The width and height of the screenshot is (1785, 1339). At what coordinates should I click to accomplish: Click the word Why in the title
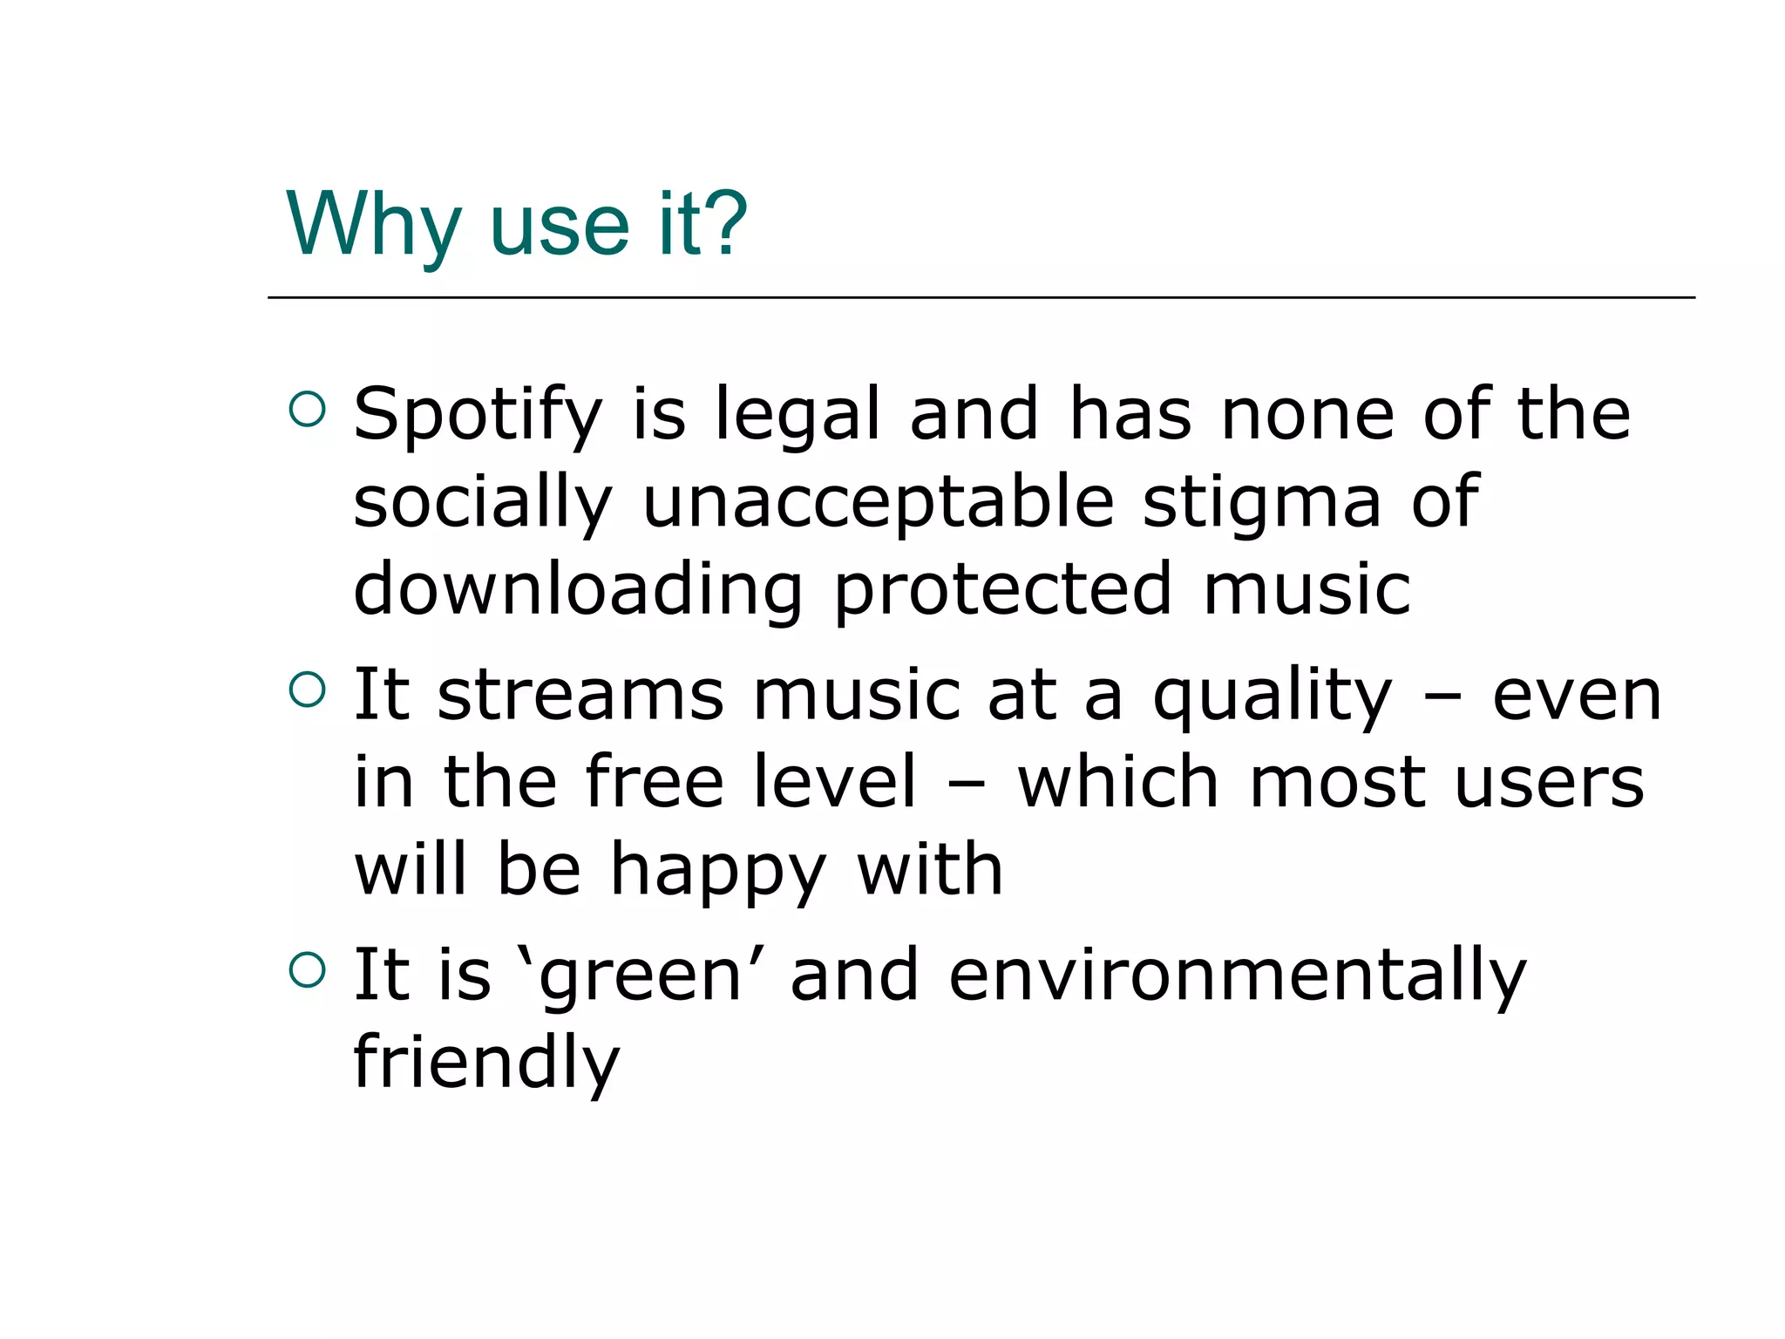click(x=373, y=225)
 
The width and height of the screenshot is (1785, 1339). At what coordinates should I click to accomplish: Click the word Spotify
click(x=478, y=415)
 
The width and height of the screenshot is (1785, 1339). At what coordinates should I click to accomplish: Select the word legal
click(x=797, y=415)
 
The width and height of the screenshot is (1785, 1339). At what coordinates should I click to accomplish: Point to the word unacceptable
click(x=878, y=504)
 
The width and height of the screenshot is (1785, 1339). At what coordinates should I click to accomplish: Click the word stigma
click(x=1261, y=504)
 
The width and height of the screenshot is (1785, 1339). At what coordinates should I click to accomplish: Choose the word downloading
click(x=578, y=591)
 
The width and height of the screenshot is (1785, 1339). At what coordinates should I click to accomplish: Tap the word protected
click(x=1002, y=591)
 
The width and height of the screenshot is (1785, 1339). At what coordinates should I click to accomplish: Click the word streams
click(x=580, y=696)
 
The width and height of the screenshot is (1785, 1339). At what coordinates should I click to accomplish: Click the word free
click(x=654, y=782)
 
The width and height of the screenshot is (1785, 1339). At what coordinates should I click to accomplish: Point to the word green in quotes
click(x=639, y=976)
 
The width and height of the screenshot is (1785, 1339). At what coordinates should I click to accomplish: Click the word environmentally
click(x=1237, y=976)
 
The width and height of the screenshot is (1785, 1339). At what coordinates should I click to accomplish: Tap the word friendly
click(x=486, y=1064)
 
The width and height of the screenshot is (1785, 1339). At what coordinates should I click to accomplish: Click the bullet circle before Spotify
click(x=307, y=410)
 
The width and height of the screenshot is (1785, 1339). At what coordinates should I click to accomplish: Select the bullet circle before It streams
click(x=307, y=690)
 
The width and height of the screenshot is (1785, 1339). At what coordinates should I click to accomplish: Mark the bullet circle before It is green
click(x=307, y=969)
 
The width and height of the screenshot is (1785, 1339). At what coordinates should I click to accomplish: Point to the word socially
click(x=483, y=504)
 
